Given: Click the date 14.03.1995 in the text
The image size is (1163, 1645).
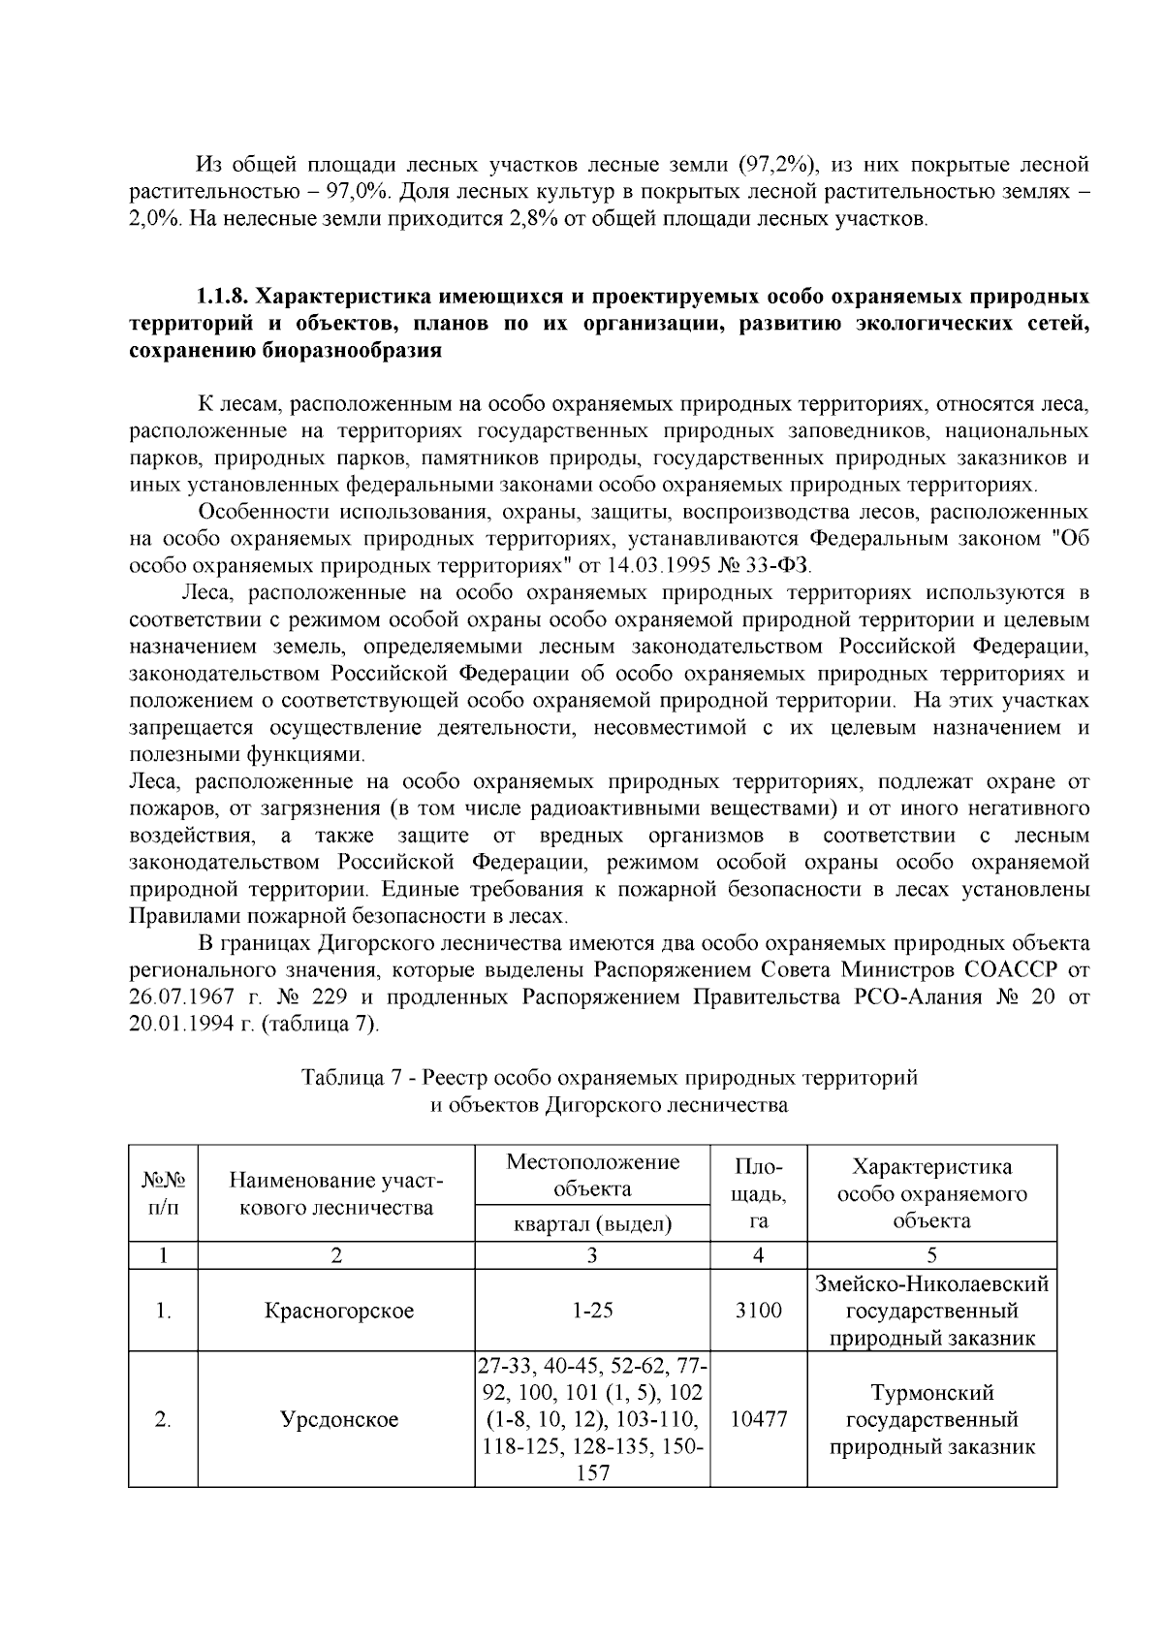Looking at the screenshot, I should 659,565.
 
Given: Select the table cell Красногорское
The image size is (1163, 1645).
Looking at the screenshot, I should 338,1312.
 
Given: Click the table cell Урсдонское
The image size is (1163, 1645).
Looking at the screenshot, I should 338,1420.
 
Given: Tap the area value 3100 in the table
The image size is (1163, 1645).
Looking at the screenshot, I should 759,1312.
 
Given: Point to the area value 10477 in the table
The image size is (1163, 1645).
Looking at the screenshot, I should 759,1420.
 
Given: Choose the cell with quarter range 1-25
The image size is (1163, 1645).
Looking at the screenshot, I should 592,1312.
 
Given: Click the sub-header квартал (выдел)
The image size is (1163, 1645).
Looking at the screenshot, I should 592,1224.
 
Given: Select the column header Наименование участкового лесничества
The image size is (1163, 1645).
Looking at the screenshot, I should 335,1193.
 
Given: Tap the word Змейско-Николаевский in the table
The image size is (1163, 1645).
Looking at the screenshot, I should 932,1284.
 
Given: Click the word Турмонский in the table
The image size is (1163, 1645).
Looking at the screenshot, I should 932,1394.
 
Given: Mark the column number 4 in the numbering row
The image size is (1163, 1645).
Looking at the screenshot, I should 759,1255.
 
